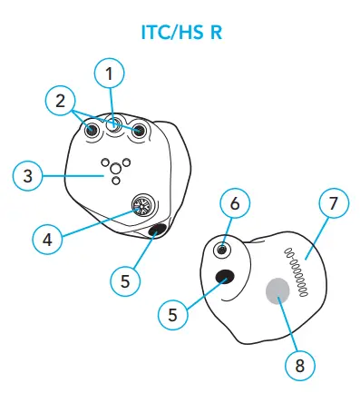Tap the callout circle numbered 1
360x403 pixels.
pos(111,72)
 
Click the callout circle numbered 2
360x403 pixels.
pos(60,101)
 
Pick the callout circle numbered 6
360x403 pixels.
pos(235,204)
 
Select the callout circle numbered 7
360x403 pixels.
pos(333,203)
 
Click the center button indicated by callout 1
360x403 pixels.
pos(115,126)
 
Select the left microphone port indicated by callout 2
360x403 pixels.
pos(92,132)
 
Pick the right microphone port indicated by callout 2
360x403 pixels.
pos(139,132)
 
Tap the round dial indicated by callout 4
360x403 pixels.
pos(141,207)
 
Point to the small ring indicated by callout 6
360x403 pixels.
pos(223,249)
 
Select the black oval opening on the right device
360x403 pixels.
pos(223,277)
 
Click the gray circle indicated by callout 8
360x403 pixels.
pos(277,291)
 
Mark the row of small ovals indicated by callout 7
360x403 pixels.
pos(296,269)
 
